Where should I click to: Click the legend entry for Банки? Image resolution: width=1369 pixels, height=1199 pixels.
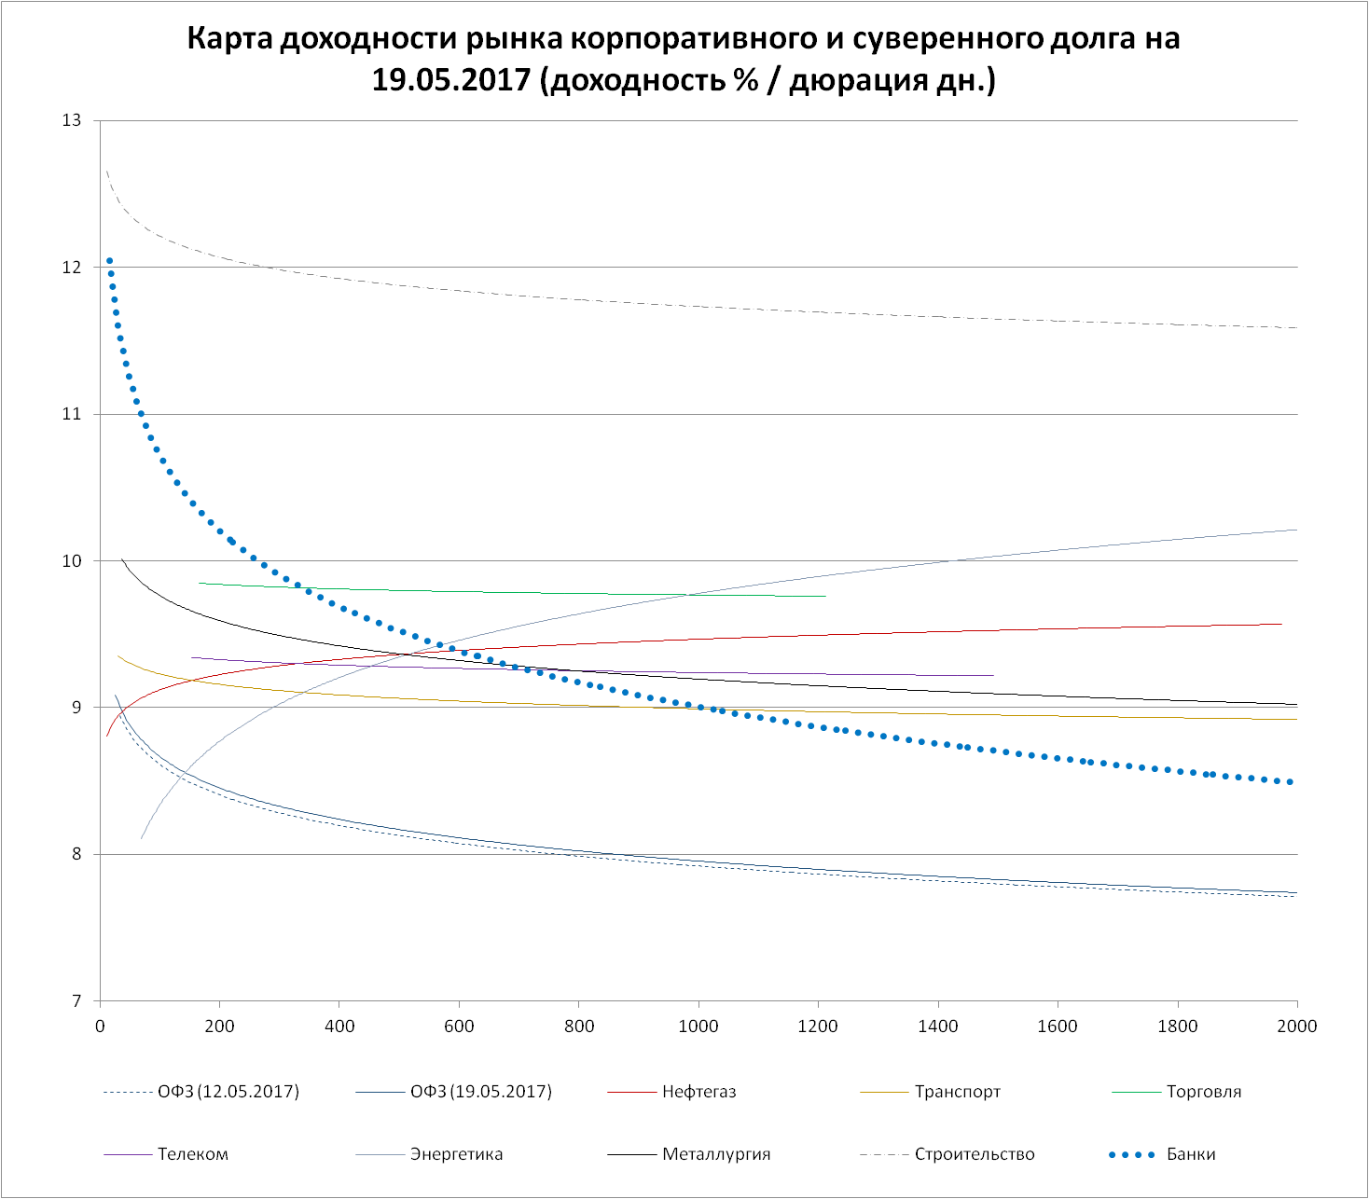coord(1191,1154)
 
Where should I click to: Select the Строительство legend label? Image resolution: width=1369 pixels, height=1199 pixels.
coord(975,1154)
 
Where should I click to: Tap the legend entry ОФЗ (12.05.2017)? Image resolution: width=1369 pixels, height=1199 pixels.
coord(228,1092)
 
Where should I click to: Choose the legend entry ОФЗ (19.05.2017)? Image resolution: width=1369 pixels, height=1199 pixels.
coord(481,1092)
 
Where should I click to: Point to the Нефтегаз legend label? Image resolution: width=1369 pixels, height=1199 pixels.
coord(699,1092)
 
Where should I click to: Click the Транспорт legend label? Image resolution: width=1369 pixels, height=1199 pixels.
coord(958,1092)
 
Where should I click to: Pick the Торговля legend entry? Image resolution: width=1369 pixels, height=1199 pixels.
coord(1204,1092)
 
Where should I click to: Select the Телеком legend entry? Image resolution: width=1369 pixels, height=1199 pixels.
coord(193,1154)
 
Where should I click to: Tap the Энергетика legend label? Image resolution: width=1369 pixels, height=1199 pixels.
coord(456,1154)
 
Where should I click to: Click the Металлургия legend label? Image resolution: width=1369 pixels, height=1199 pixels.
coord(716,1154)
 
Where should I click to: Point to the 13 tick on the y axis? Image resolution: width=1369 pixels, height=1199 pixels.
coord(72,120)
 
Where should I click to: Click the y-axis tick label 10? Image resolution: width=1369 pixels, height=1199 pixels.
coord(72,561)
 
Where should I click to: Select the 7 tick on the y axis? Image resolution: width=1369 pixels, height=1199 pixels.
coord(76,1001)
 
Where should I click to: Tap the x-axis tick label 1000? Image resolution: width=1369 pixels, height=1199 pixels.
coord(698,1027)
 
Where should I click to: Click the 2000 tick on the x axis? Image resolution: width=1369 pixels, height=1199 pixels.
coord(1297,1027)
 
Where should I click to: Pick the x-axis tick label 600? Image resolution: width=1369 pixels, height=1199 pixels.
coord(459,1027)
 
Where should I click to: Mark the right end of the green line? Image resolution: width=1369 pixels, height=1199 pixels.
coord(826,596)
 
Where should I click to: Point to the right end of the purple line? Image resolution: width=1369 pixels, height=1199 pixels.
coord(994,674)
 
